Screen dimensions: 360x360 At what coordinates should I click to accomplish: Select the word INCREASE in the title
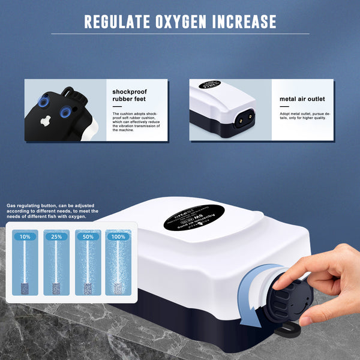tap(242, 22)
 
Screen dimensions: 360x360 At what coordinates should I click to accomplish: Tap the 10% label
tap(25, 237)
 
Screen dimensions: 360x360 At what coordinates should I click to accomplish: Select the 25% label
tap(56, 237)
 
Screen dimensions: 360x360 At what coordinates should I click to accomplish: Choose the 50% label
tap(88, 237)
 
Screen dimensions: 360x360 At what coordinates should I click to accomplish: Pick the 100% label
tap(118, 237)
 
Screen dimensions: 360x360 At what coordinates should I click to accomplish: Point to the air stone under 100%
tap(118, 286)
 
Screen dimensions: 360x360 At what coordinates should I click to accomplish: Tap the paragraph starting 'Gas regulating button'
tap(53, 211)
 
